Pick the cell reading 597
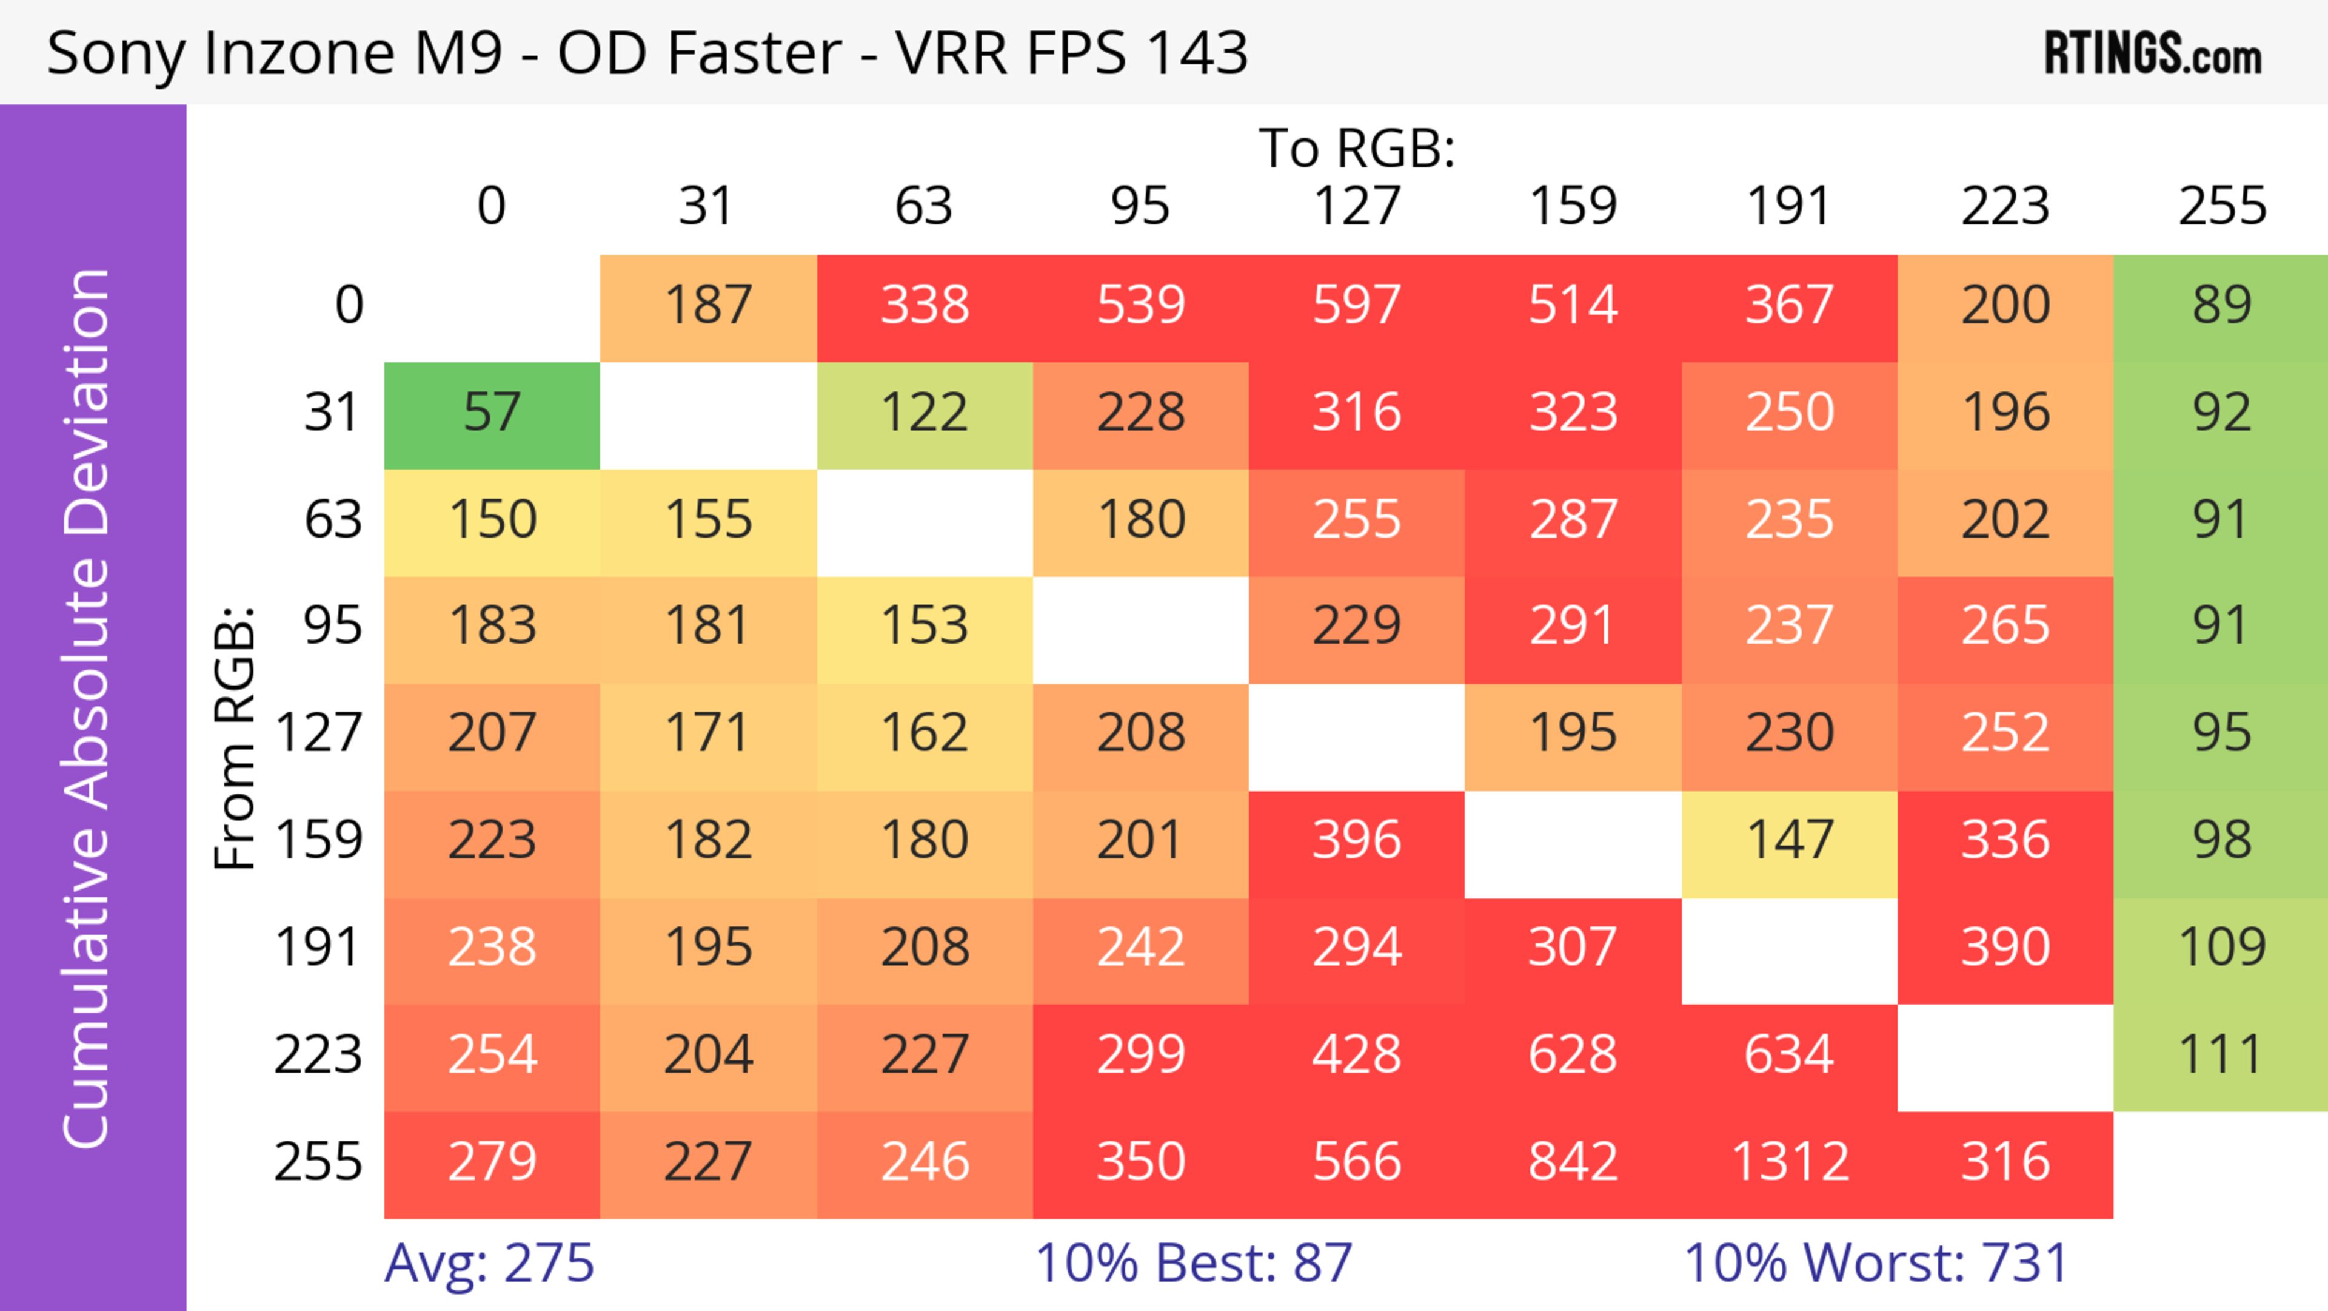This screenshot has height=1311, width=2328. click(1357, 306)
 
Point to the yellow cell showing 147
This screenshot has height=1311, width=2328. click(1790, 841)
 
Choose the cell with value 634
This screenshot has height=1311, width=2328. click(1790, 1055)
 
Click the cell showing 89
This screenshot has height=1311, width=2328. click(2221, 306)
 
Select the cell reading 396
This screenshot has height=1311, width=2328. click(1357, 841)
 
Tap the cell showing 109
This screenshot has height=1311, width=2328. click(2221, 948)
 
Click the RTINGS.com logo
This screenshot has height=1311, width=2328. click(2153, 53)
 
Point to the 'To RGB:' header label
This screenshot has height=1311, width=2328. click(1357, 149)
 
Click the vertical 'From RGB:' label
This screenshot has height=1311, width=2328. click(235, 737)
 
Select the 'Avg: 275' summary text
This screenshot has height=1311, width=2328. click(489, 1263)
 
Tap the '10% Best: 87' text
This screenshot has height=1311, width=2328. click(1193, 1263)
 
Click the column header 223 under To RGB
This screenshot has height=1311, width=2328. click(2005, 207)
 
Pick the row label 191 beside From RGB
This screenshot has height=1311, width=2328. click(318, 948)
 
